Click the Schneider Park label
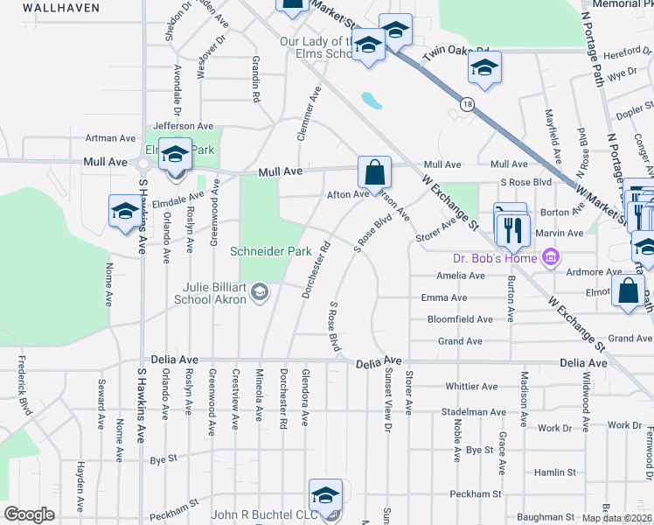270,251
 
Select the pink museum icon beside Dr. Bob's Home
550,257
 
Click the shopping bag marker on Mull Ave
374,172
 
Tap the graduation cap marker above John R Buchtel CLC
325,495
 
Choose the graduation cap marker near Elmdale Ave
124,212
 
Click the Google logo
29,514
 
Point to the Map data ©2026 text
616,518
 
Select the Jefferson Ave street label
184,126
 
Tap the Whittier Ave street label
470,386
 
